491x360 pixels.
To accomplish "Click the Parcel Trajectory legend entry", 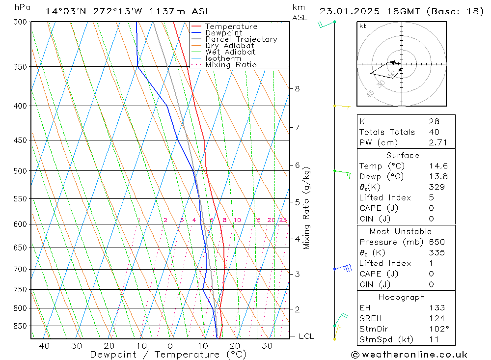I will pyautogui.click(x=241, y=39).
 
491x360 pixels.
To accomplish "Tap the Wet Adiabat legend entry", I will pyautogui.click(x=230, y=52).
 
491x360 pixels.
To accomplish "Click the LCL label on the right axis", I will pyautogui.click(x=306, y=336).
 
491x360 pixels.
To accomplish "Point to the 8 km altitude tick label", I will pyautogui.click(x=298, y=89).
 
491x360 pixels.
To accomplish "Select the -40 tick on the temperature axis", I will pyautogui.click(x=40, y=346).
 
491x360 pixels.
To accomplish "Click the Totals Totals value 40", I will pyautogui.click(x=434, y=132).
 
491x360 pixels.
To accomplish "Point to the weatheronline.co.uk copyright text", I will pyautogui.click(x=409, y=355).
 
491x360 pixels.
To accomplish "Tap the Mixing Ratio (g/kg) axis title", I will pyautogui.click(x=307, y=208).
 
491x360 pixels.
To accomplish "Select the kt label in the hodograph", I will pyautogui.click(x=363, y=26).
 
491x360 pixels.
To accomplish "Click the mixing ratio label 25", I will pyautogui.click(x=283, y=220).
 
